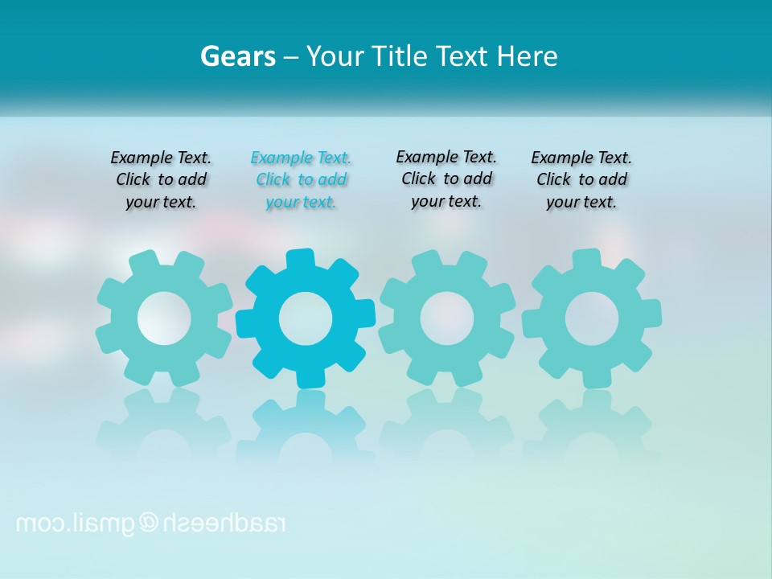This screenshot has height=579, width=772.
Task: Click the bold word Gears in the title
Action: (x=238, y=57)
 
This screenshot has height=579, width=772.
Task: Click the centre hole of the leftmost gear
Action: (x=164, y=318)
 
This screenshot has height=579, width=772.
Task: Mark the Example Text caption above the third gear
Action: (x=446, y=179)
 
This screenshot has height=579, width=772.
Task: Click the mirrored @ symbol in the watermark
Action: (x=150, y=523)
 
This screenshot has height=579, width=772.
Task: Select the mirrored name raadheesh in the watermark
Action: (x=224, y=523)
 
